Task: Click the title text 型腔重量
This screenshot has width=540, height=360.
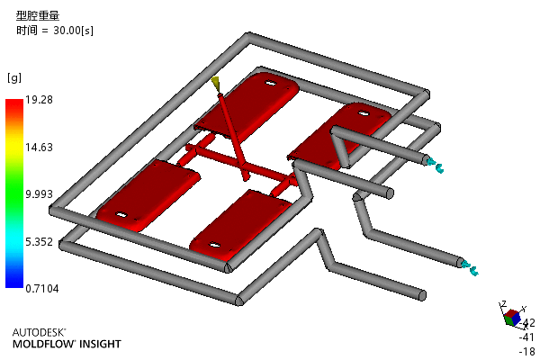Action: click(x=38, y=15)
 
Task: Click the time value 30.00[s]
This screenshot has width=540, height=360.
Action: click(x=73, y=31)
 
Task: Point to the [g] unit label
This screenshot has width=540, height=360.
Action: click(x=14, y=77)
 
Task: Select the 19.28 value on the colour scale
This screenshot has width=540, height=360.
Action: click(x=39, y=100)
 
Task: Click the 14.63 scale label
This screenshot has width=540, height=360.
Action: click(x=39, y=148)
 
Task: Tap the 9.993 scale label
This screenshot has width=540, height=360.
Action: click(x=39, y=194)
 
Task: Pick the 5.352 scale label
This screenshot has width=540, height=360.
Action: click(x=39, y=242)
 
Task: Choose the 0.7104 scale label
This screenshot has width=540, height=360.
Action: click(x=42, y=289)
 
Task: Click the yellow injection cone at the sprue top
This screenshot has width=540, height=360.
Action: click(x=216, y=84)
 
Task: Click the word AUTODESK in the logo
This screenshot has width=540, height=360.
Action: click(x=39, y=332)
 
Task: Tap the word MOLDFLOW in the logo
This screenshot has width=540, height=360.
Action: click(x=44, y=344)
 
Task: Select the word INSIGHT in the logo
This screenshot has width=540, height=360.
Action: click(x=100, y=344)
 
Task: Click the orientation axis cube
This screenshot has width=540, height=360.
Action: click(x=512, y=318)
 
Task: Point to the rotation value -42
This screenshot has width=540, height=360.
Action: click(x=527, y=323)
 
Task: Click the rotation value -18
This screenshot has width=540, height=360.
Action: click(x=527, y=351)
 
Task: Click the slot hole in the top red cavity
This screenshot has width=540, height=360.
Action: click(x=270, y=83)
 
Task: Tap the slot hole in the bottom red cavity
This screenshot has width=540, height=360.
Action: click(x=214, y=246)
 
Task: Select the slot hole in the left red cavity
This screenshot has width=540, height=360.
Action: click(x=121, y=215)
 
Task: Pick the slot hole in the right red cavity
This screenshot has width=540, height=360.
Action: click(x=364, y=113)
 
